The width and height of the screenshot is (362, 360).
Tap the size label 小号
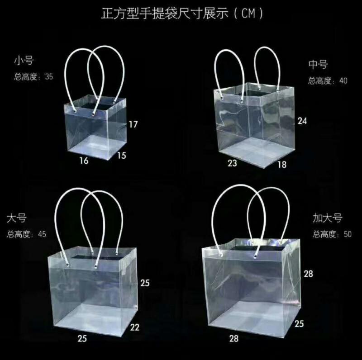[x=24, y=61]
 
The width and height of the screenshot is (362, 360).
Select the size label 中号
[x=318, y=65]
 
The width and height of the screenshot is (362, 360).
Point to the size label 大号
[x=17, y=218]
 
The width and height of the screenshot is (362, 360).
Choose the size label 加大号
[x=328, y=218]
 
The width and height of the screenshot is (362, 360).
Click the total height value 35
[x=49, y=77]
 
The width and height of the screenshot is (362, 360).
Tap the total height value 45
[x=42, y=234]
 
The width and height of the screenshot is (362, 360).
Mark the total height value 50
[x=348, y=234]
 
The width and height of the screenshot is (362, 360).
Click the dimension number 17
[x=132, y=124]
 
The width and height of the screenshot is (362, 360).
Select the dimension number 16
[x=84, y=160]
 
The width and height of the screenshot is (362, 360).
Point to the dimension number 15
[x=121, y=156]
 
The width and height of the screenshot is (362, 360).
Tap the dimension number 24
[x=302, y=121]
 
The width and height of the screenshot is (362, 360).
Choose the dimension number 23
[x=232, y=163]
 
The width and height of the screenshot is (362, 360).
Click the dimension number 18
[x=282, y=165]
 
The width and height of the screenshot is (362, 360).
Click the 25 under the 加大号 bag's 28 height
[x=299, y=323]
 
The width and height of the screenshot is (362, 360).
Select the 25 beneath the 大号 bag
[x=82, y=338]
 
